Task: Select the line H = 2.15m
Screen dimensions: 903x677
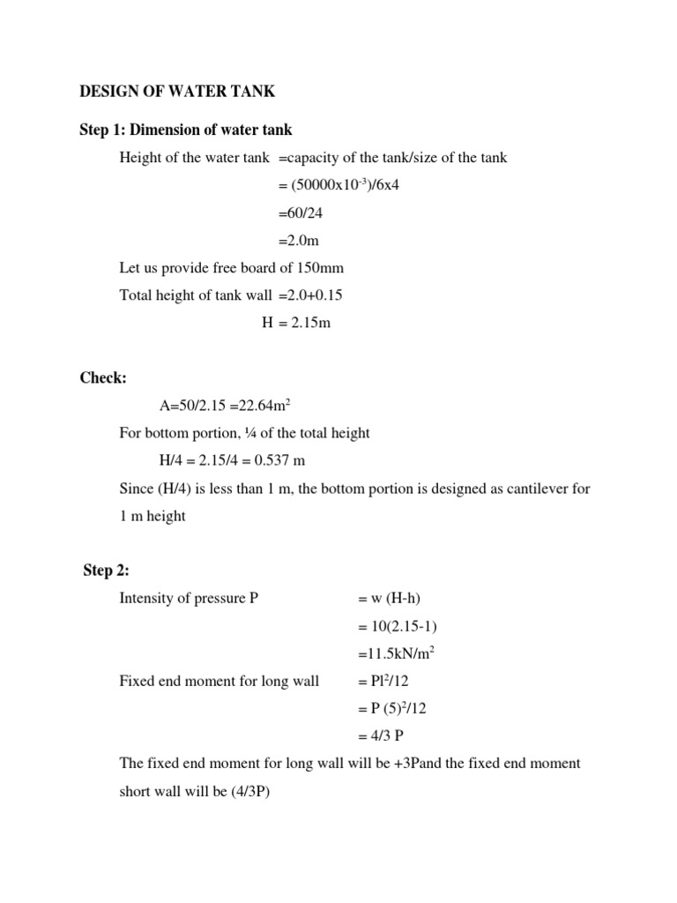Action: (x=295, y=323)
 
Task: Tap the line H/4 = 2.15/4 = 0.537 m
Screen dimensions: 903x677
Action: (x=232, y=460)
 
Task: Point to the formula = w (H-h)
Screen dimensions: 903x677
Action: (x=392, y=599)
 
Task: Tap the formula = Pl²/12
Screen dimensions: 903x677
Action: (x=385, y=681)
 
